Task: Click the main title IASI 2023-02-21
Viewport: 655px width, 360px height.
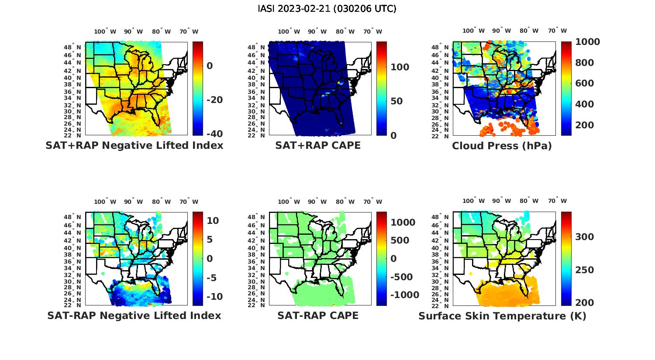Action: pos(327,9)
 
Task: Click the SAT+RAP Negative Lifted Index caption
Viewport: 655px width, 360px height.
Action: pos(134,145)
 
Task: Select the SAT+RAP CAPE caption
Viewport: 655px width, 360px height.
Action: pos(318,145)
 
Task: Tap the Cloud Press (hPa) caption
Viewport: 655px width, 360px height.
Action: pos(502,146)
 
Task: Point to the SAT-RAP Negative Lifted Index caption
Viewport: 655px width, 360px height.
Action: pos(134,315)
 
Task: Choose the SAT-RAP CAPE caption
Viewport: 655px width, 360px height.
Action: pos(318,315)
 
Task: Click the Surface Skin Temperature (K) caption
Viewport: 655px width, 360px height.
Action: pos(502,316)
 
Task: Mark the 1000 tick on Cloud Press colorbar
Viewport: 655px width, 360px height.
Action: pos(587,42)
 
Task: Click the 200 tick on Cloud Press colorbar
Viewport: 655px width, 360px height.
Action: pos(585,125)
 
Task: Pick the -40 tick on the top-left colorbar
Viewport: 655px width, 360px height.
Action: pos(214,134)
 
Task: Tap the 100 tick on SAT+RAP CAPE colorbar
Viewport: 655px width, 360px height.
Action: pos(400,67)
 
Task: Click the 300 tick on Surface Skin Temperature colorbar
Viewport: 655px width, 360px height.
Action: pos(585,237)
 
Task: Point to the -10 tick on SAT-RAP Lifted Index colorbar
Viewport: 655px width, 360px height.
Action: pos(214,297)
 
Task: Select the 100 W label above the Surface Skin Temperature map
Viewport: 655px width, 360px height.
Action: pos(474,201)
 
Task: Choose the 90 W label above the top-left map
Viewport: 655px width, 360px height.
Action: pos(133,31)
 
